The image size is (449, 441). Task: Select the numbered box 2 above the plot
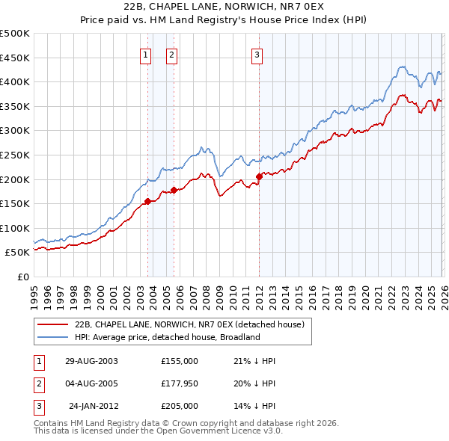(x=171, y=54)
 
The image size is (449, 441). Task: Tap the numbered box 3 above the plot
(x=257, y=54)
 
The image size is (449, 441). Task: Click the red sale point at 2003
(x=147, y=201)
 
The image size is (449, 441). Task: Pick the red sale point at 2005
(x=174, y=190)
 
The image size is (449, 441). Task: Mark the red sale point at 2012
(x=259, y=176)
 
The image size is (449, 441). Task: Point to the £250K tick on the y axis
(x=16, y=155)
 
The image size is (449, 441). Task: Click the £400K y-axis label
(x=16, y=82)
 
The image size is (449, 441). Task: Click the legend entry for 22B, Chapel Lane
(x=189, y=325)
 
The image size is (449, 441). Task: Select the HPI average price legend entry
(x=166, y=337)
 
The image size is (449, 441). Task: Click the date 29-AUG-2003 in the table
(x=91, y=360)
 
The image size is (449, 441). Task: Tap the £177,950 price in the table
(x=179, y=383)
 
